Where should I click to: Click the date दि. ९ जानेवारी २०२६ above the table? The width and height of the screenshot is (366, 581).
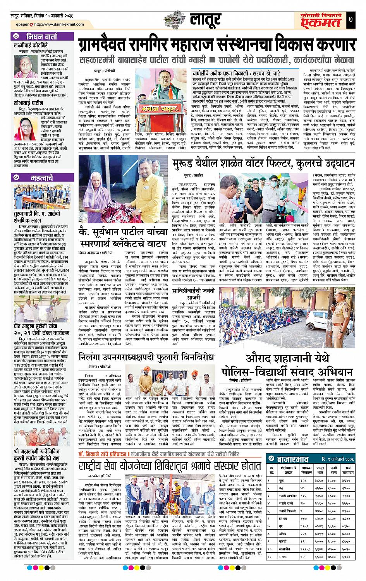point(338,459)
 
